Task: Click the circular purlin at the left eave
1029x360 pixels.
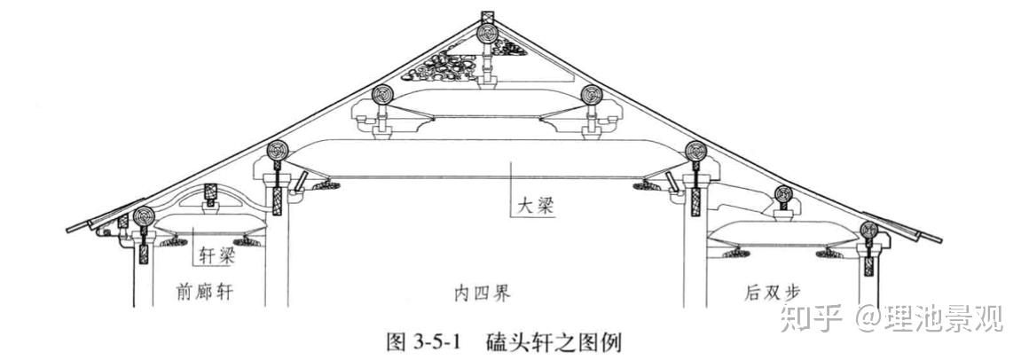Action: tap(144, 216)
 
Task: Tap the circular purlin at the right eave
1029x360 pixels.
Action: tap(868, 231)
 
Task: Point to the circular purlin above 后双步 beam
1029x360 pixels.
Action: tap(783, 195)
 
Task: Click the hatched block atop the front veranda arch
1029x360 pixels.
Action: tap(210, 192)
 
